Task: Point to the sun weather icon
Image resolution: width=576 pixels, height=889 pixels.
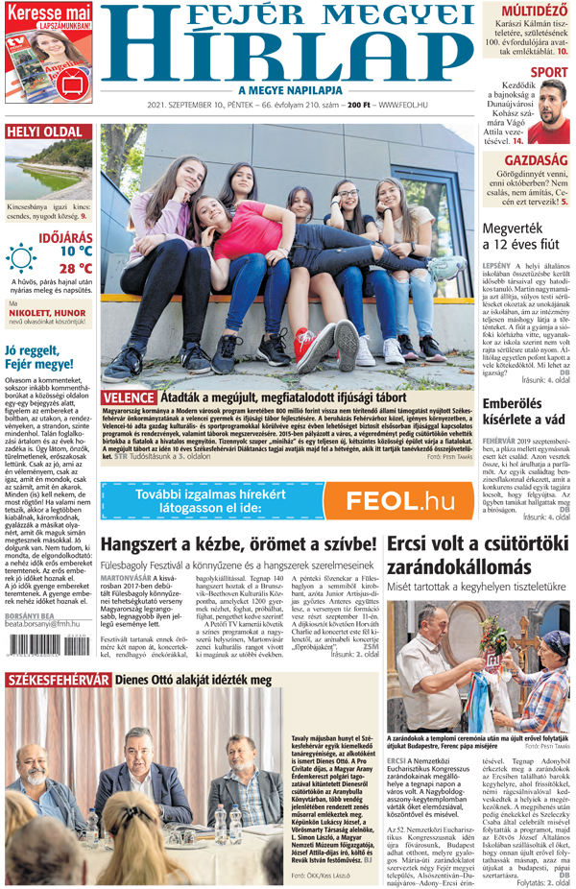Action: click(20, 256)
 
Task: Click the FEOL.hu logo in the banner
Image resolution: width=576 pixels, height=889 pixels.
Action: click(399, 499)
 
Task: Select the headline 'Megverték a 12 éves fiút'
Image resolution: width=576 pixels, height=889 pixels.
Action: click(520, 237)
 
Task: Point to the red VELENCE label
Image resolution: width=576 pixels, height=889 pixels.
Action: click(128, 396)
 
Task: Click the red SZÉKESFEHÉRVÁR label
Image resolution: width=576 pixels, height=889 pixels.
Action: click(58, 681)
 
